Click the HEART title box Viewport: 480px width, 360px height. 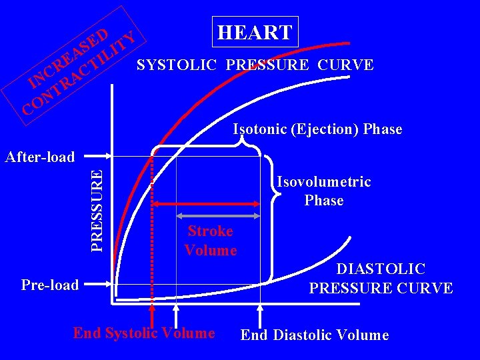255,32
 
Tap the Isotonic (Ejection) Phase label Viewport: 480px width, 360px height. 317,129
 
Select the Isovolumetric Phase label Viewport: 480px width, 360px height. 324,191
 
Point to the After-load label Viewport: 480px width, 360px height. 40,157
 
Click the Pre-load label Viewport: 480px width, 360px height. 50,285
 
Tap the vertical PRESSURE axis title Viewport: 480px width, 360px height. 97,209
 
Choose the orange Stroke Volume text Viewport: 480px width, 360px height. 211,241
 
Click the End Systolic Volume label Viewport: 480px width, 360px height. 144,333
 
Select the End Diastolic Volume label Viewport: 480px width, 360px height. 314,335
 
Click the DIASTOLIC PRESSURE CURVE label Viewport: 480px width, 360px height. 381,279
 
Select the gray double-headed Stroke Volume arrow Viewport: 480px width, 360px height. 218,216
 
